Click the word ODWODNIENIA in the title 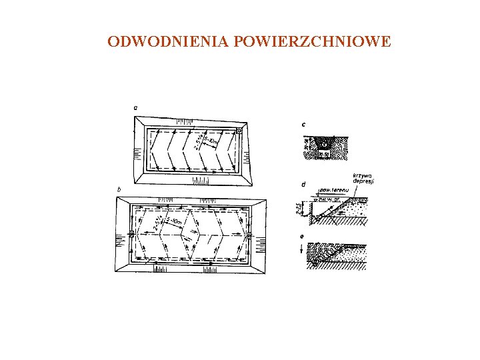[x=167, y=42]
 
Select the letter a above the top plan [x=135, y=106]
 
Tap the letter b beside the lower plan [x=119, y=189]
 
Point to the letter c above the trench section [x=303, y=124]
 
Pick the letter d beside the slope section [x=303, y=183]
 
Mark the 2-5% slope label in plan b [x=158, y=223]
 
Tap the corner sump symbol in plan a [x=238, y=131]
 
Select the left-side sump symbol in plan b [x=132, y=235]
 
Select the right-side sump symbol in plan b [x=248, y=236]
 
